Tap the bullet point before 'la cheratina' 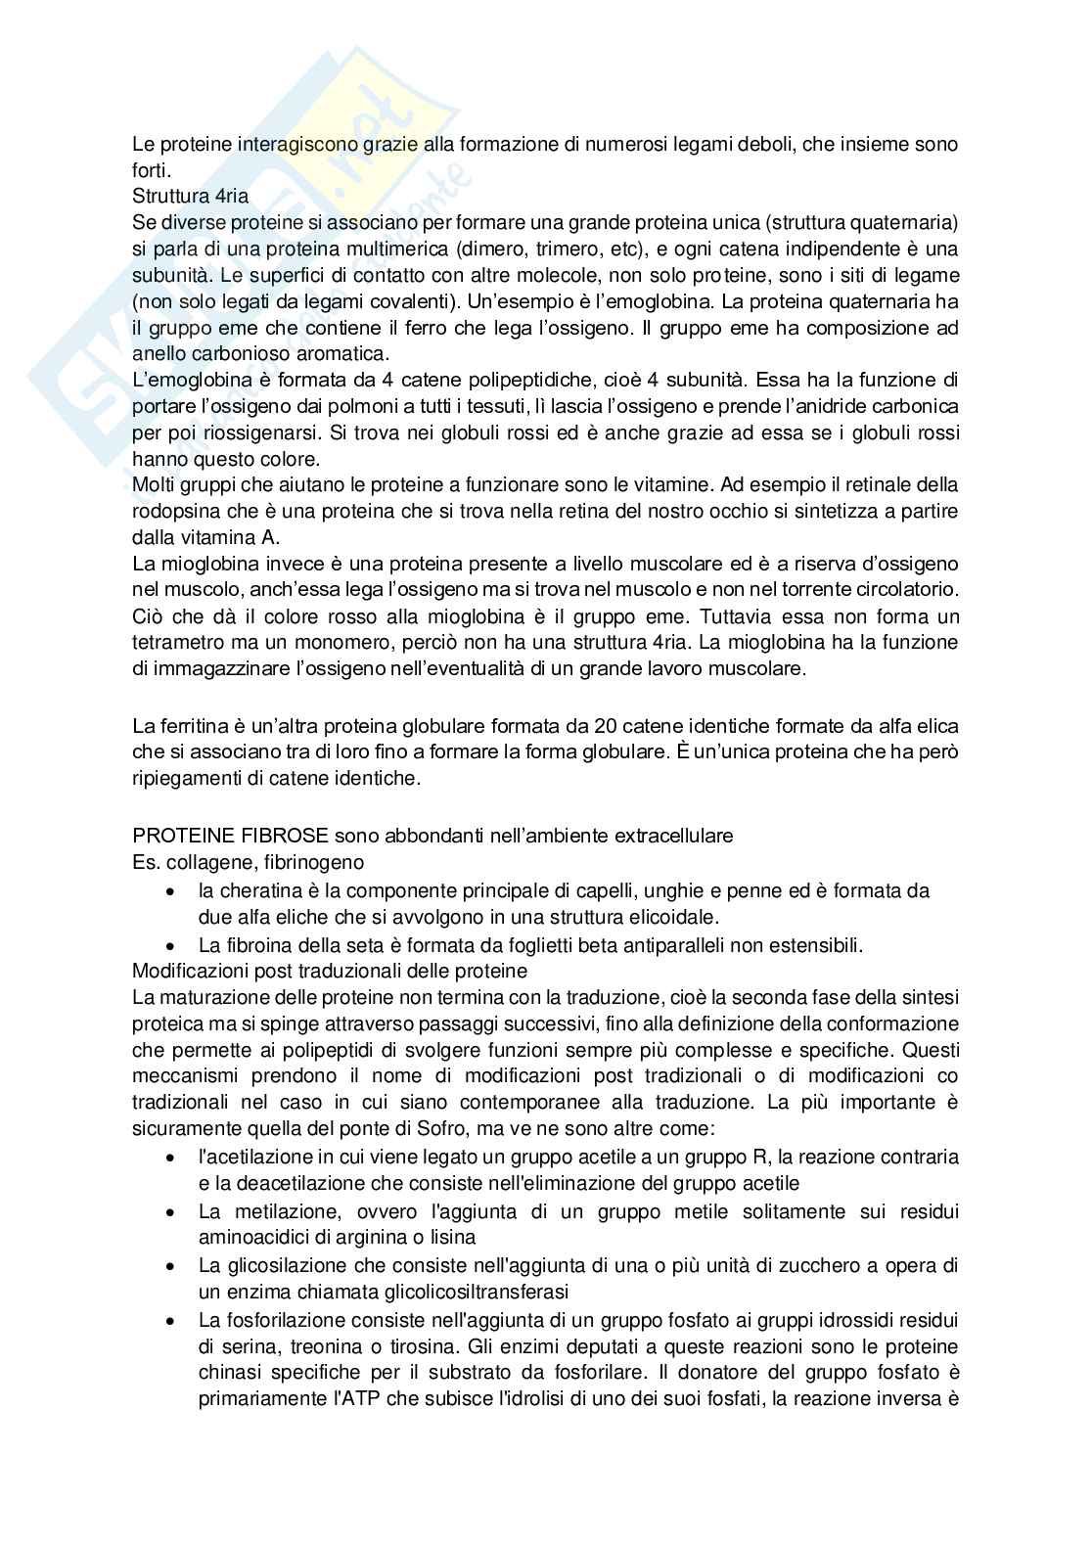point(172,891)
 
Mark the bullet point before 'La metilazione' point(172,1211)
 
